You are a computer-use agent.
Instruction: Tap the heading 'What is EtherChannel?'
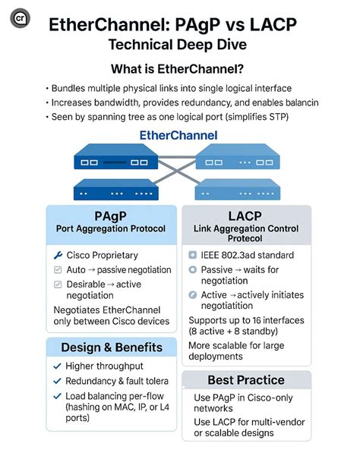point(179,68)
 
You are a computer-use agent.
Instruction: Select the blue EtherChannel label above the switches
point(178,136)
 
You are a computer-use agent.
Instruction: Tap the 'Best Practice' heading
point(246,379)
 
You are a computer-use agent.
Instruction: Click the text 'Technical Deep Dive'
point(179,46)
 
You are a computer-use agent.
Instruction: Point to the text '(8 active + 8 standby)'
point(245,332)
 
